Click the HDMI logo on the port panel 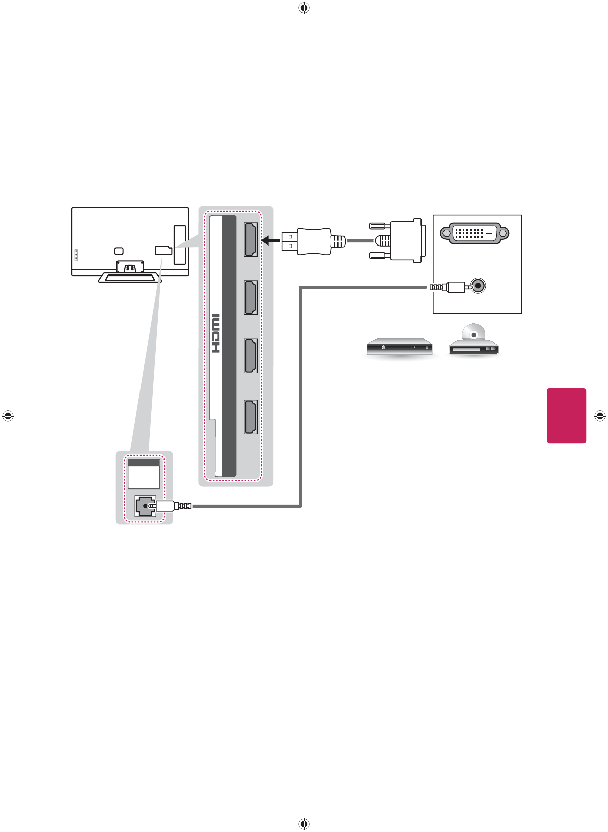click(216, 334)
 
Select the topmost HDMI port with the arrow click(250, 239)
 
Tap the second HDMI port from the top click(250, 298)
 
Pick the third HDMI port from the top click(250, 356)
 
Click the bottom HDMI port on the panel click(250, 417)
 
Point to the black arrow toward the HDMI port click(270, 240)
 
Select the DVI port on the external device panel click(474, 233)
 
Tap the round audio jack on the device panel click(477, 286)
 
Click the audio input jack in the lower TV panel click(145, 506)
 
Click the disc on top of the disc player click(474, 333)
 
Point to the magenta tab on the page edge click(566, 415)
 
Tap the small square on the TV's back click(119, 251)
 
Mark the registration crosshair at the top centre click(304, 8)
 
